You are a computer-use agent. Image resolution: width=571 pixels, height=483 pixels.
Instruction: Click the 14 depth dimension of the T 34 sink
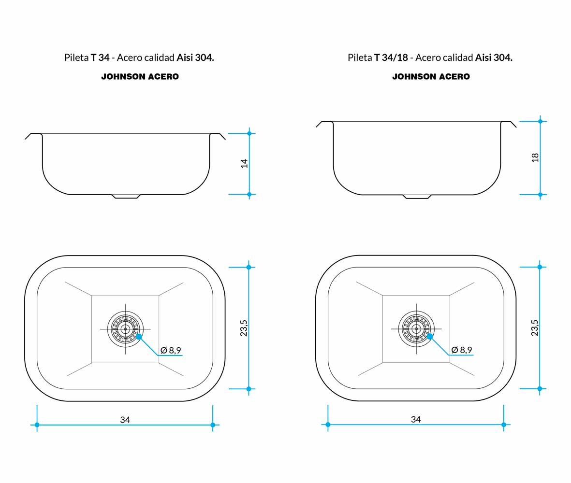tap(244, 163)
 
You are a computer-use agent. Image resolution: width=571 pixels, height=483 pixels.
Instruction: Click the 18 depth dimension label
tap(535, 157)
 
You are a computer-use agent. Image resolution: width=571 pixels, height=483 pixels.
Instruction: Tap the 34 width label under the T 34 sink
tap(125, 420)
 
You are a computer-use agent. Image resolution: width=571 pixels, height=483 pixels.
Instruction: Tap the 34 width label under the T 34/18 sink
tap(416, 419)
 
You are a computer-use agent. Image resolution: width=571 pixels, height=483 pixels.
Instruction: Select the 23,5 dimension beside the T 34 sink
tap(244, 328)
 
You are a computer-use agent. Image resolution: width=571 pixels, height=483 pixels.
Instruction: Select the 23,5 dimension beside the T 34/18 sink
tap(534, 327)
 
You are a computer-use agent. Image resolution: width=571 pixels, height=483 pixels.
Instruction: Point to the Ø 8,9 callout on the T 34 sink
tap(171, 350)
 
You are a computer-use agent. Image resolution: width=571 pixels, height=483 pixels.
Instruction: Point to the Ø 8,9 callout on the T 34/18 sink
tap(462, 350)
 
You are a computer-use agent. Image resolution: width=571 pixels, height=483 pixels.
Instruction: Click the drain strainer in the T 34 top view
tap(125, 329)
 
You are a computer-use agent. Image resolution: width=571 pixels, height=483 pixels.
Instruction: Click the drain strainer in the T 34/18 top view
tap(416, 329)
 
